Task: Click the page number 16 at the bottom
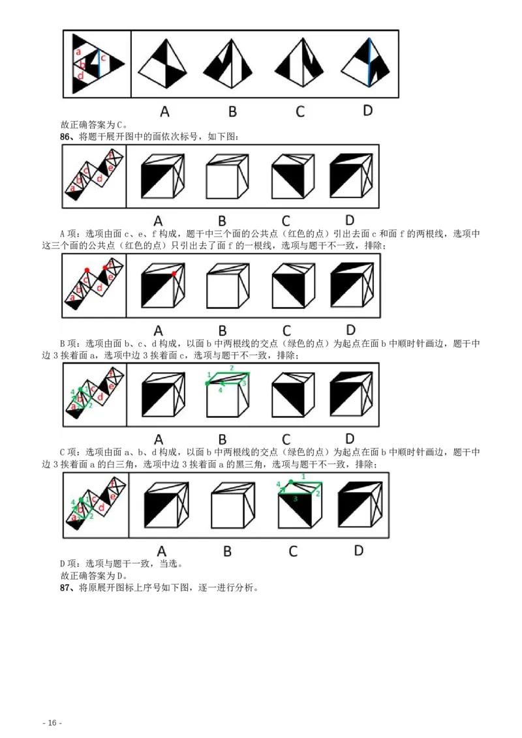point(52,722)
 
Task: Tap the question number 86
point(65,136)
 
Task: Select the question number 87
point(65,587)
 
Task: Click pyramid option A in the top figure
point(162,63)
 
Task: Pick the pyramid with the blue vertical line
point(365,63)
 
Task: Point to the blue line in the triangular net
point(99,63)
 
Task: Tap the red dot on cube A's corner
point(174,273)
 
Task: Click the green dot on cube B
point(207,383)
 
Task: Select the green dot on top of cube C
point(291,482)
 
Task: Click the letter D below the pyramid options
point(367,111)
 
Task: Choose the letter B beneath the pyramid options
point(232,111)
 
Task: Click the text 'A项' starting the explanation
point(69,233)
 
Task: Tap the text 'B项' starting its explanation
point(69,344)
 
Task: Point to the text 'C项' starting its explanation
point(69,452)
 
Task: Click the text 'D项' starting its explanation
point(69,563)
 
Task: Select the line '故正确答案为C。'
point(94,125)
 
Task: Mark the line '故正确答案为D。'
point(94,576)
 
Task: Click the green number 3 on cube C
point(296,499)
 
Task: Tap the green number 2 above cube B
point(232,368)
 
